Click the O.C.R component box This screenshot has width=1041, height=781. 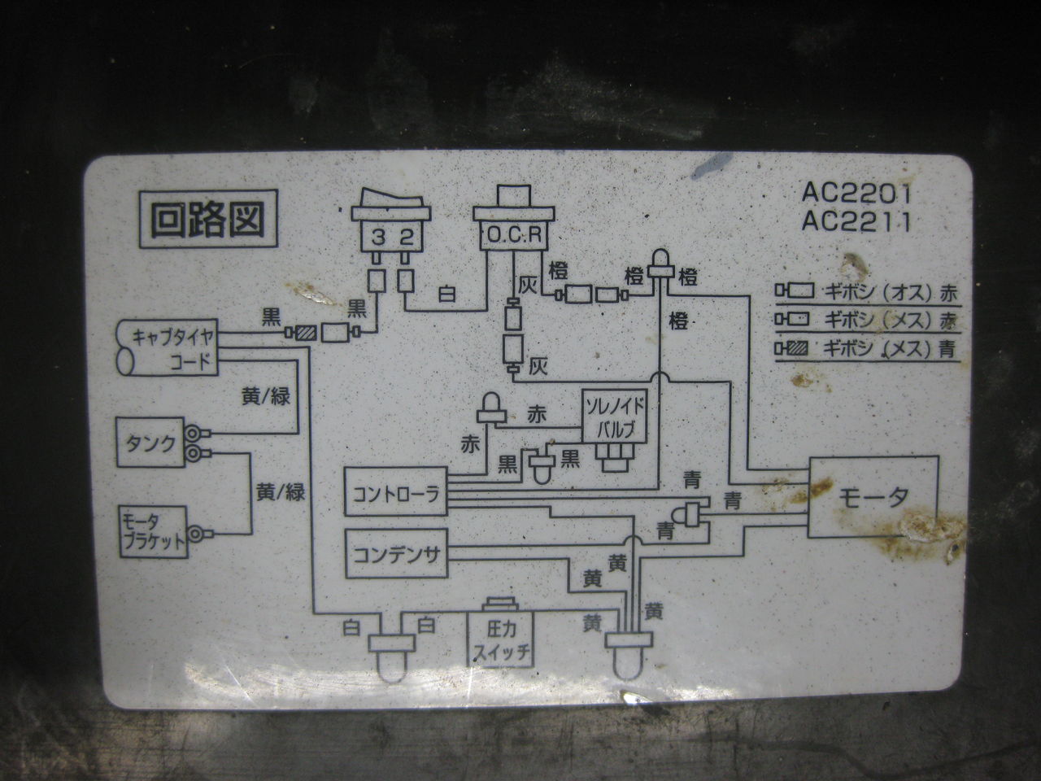[513, 236]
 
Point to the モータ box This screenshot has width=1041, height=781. [873, 497]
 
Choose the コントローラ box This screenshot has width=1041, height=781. [396, 493]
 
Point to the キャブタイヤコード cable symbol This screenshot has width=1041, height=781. [168, 348]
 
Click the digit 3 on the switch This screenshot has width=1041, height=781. [378, 237]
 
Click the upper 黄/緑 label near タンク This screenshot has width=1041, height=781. [266, 396]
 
